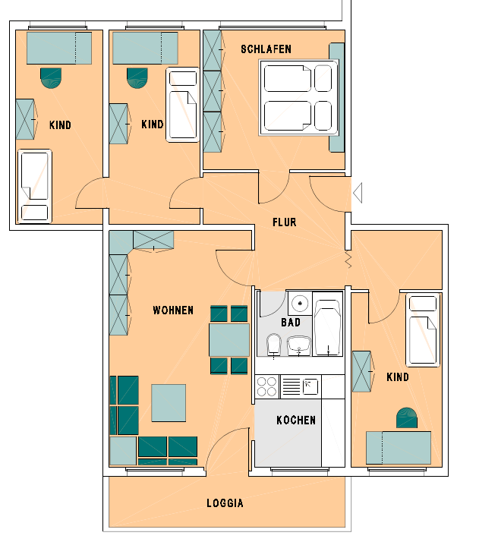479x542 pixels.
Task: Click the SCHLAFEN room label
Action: tap(266, 49)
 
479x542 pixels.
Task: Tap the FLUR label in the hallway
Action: tap(285, 222)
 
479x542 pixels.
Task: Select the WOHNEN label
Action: tap(173, 310)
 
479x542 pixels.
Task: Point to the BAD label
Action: tap(291, 322)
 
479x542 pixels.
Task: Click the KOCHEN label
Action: tap(296, 420)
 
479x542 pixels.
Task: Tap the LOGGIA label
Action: tap(225, 503)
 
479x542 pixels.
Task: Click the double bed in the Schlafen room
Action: tap(298, 98)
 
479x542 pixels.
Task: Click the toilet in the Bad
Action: tap(274, 345)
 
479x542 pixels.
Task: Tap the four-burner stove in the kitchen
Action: tap(267, 386)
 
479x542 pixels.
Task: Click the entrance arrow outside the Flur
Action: tap(358, 193)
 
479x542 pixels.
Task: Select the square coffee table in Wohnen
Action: tap(169, 402)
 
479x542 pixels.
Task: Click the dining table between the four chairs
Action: tap(228, 340)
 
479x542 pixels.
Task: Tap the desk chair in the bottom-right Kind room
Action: tap(406, 418)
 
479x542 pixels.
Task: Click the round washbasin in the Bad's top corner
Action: tap(300, 303)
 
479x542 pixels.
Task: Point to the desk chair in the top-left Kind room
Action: tap(51, 78)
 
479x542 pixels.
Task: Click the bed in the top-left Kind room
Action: tap(35, 186)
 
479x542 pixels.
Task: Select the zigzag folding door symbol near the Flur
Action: tap(348, 260)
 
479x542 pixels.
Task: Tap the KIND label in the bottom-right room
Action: tap(398, 377)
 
